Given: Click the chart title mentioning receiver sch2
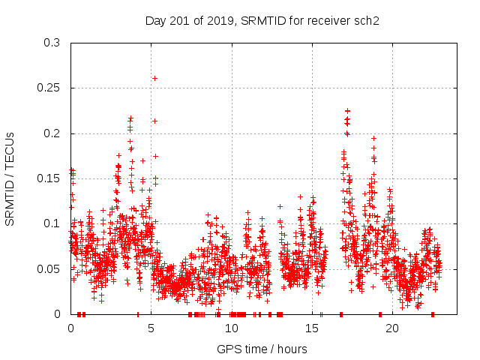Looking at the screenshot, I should click(262, 20).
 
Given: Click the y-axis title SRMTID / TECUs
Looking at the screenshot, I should click(10, 178).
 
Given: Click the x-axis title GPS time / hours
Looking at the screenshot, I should click(262, 349).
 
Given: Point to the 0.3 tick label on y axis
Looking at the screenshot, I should click(52, 43).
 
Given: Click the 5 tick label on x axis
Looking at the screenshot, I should click(151, 328).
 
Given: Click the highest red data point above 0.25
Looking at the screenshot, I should click(155, 78).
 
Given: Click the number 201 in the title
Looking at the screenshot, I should click(177, 20).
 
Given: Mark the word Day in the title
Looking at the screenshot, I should click(155, 20).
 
